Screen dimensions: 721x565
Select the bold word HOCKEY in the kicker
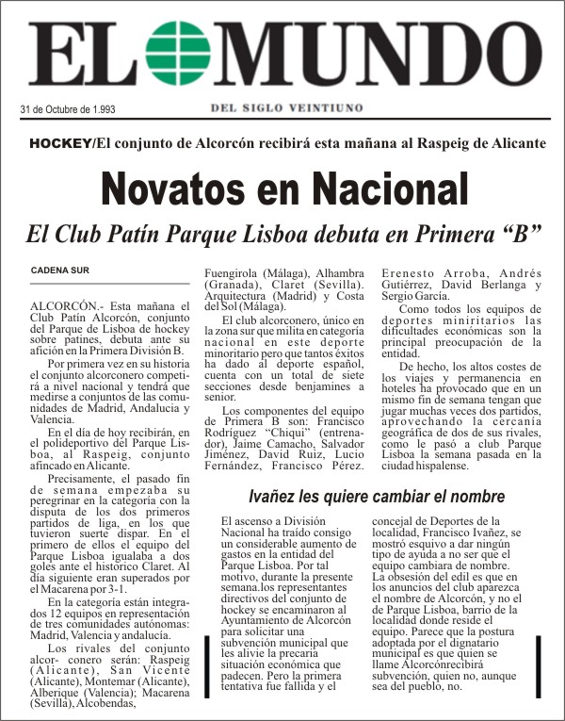60,143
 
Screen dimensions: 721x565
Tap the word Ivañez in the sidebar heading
273,496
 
